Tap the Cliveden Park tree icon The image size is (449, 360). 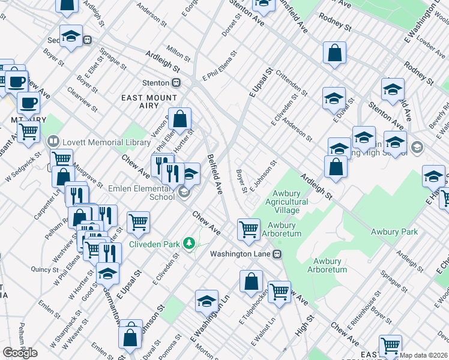coord(190,243)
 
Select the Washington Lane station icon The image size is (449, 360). coord(277,254)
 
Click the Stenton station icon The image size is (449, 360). coord(176,82)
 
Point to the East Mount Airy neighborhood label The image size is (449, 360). coord(149,102)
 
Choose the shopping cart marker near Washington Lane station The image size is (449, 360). coord(249,228)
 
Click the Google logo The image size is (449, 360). coord(20,352)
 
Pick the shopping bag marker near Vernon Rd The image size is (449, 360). coord(179,118)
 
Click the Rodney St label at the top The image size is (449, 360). coord(335,23)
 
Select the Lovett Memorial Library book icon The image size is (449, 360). coord(52,142)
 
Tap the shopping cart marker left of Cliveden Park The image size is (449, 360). coord(138,222)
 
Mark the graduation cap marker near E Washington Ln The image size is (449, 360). coord(206,301)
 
